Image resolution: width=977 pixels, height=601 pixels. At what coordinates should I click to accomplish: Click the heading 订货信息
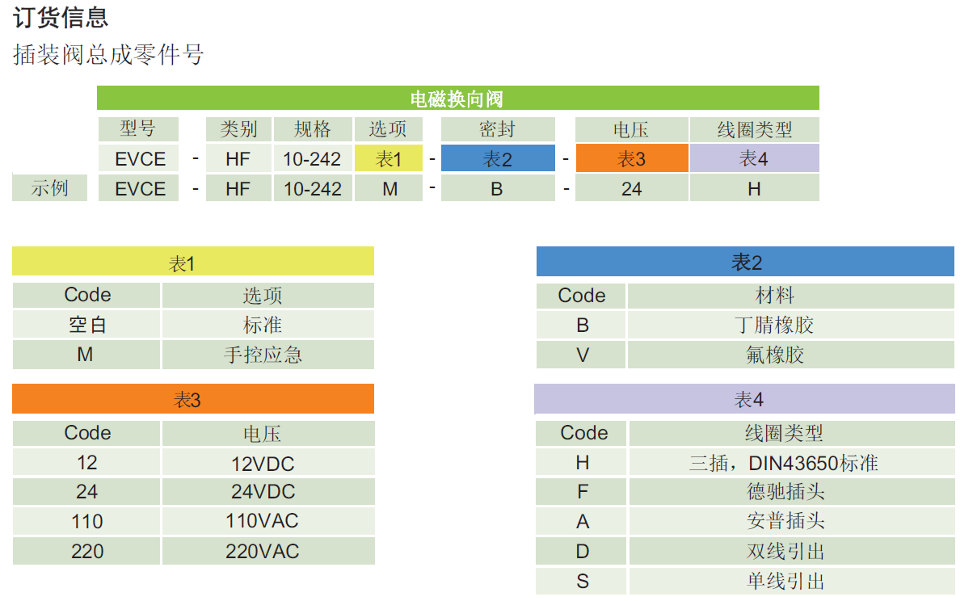[61, 18]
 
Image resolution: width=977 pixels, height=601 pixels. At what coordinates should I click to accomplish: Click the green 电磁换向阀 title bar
[457, 99]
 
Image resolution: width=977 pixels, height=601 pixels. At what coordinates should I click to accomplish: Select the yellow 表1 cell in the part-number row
[388, 159]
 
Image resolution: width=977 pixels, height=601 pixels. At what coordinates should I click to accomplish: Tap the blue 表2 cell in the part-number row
[497, 159]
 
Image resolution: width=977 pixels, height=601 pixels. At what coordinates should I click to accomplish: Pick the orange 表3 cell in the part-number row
[631, 159]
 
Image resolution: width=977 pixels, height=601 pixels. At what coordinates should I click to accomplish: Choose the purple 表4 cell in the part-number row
[753, 159]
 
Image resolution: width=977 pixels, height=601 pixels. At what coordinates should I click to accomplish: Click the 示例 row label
[49, 189]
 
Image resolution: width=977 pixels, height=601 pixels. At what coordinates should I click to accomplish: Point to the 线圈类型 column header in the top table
[753, 129]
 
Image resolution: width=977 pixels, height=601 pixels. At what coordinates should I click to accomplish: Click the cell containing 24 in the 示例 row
[631, 189]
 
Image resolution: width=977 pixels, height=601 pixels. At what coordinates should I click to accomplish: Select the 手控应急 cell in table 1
[267, 355]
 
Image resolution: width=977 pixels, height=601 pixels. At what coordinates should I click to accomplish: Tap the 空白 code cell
[86, 325]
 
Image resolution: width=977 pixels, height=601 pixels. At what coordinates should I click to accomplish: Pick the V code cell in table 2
[582, 355]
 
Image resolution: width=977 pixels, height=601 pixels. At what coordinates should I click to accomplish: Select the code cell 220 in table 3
[86, 552]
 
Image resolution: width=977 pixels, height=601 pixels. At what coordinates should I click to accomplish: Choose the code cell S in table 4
[582, 582]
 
